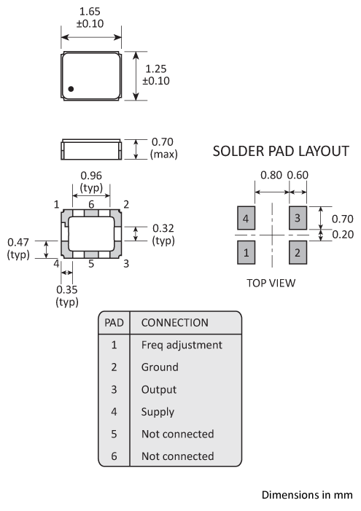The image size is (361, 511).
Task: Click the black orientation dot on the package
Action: point(71,89)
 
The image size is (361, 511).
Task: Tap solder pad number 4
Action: point(247,218)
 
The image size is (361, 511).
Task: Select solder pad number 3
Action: point(298,218)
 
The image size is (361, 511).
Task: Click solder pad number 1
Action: point(247,252)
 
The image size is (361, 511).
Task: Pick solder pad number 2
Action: point(298,252)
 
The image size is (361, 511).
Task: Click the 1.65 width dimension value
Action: point(90,12)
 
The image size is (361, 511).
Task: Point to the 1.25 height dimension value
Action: point(155,69)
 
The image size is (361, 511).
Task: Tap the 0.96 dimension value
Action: point(91,176)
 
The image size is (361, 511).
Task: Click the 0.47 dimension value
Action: point(18,243)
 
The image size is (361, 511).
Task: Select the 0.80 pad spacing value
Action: point(271,176)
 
